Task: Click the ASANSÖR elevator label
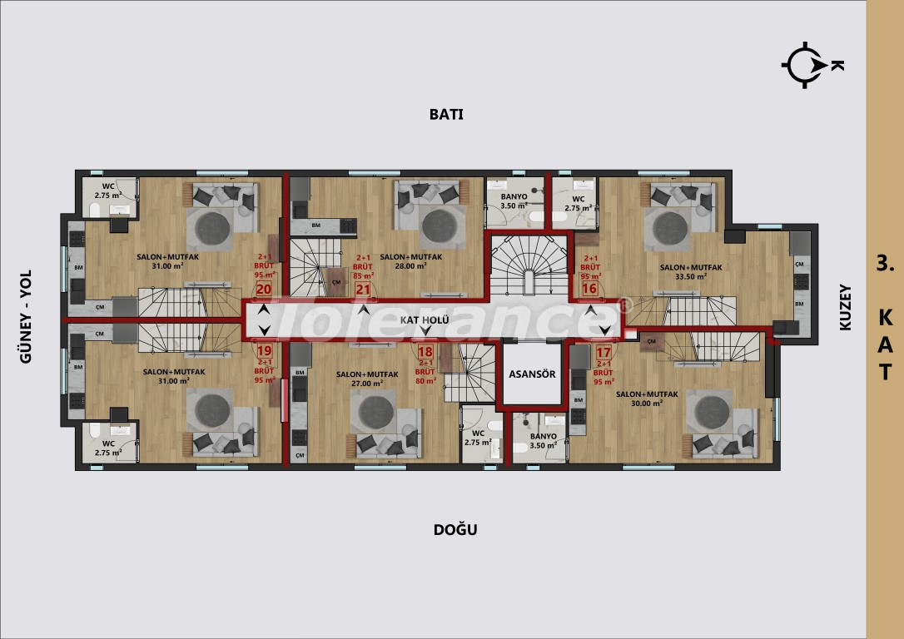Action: (x=533, y=374)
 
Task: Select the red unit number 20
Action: (x=265, y=289)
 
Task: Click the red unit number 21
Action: (x=363, y=289)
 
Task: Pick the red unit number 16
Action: (x=590, y=289)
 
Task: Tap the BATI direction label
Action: (x=445, y=115)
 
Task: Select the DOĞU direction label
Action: (x=454, y=529)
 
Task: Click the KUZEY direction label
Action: (x=846, y=309)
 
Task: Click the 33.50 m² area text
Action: (x=691, y=277)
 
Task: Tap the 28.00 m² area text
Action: (x=410, y=267)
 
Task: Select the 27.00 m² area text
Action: (x=366, y=384)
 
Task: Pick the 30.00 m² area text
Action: (x=646, y=403)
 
